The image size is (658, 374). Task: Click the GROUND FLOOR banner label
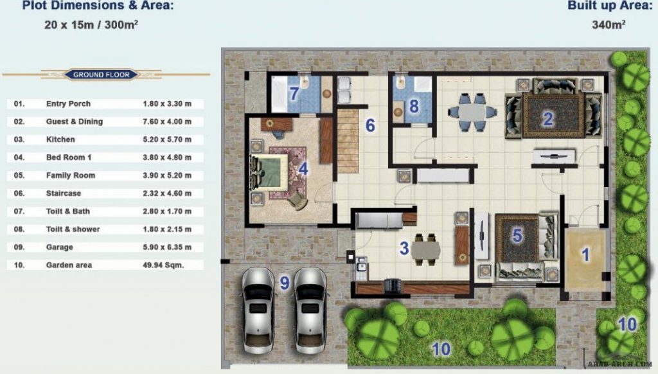101,75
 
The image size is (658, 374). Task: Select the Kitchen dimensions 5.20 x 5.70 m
167,139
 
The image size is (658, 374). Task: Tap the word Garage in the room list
60,247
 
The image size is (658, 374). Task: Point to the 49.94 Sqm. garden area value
163,265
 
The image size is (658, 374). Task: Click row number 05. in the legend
19,175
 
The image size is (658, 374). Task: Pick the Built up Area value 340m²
609,25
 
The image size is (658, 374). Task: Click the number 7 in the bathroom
294,94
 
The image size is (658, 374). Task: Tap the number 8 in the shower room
414,107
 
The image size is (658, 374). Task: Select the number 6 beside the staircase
370,125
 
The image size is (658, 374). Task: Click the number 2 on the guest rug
547,120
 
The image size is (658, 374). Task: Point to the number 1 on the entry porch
585,254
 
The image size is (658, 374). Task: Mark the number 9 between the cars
285,283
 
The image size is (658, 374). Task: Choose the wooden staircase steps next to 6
348,141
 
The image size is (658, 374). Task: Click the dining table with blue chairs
472,112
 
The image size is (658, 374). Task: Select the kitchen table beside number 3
425,250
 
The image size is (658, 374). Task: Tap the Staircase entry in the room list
64,193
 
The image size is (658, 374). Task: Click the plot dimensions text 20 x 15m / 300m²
91,25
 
